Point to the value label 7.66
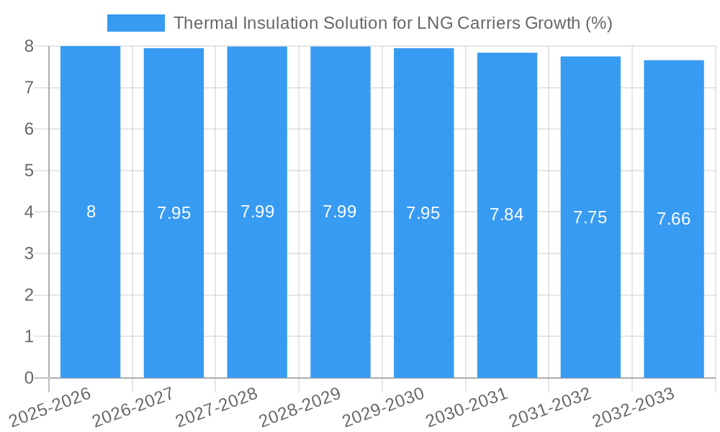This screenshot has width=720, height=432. (673, 219)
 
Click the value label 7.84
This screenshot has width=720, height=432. (507, 215)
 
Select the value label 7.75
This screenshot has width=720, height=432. (590, 217)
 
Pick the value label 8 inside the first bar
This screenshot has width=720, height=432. (91, 212)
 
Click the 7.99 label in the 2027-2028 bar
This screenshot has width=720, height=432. (257, 212)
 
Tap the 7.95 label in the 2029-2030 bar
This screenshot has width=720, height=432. (423, 213)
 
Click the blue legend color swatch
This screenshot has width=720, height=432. (135, 23)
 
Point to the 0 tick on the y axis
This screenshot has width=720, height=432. (29, 378)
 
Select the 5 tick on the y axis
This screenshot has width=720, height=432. (29, 171)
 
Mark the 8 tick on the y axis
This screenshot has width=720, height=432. (29, 46)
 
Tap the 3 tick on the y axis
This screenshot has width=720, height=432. (29, 253)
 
